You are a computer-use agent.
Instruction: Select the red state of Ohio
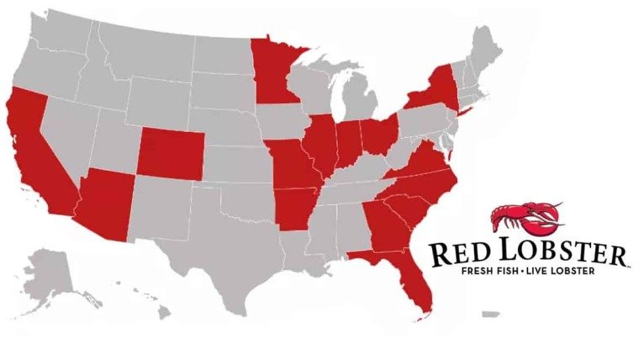click(x=378, y=135)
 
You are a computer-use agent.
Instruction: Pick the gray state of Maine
click(x=486, y=47)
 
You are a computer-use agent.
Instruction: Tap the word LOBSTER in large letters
click(x=563, y=253)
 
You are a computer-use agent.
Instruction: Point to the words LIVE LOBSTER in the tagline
click(x=563, y=272)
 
